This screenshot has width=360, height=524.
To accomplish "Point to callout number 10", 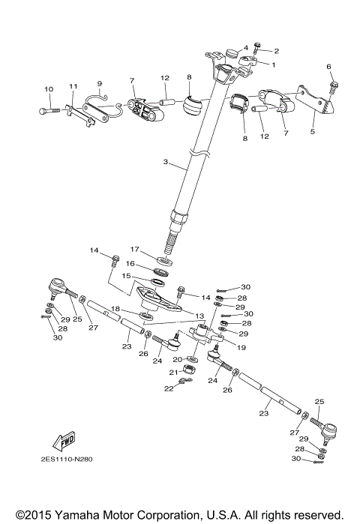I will [x=49, y=89].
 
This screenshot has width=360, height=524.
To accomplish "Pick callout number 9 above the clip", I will [x=98, y=83].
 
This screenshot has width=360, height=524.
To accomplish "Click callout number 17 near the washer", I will [x=134, y=250].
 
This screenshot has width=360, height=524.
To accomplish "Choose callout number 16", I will [x=129, y=263].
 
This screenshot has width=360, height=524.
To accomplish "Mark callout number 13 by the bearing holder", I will [x=199, y=315].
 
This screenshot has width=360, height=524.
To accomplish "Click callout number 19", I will [x=241, y=348].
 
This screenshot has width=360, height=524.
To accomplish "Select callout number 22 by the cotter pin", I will [x=169, y=388].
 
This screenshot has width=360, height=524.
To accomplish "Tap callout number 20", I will [x=177, y=359].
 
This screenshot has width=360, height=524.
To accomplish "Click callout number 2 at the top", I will [x=276, y=51].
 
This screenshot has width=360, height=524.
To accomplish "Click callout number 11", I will [x=73, y=86].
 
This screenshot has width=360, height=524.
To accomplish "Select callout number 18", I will [x=115, y=308].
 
